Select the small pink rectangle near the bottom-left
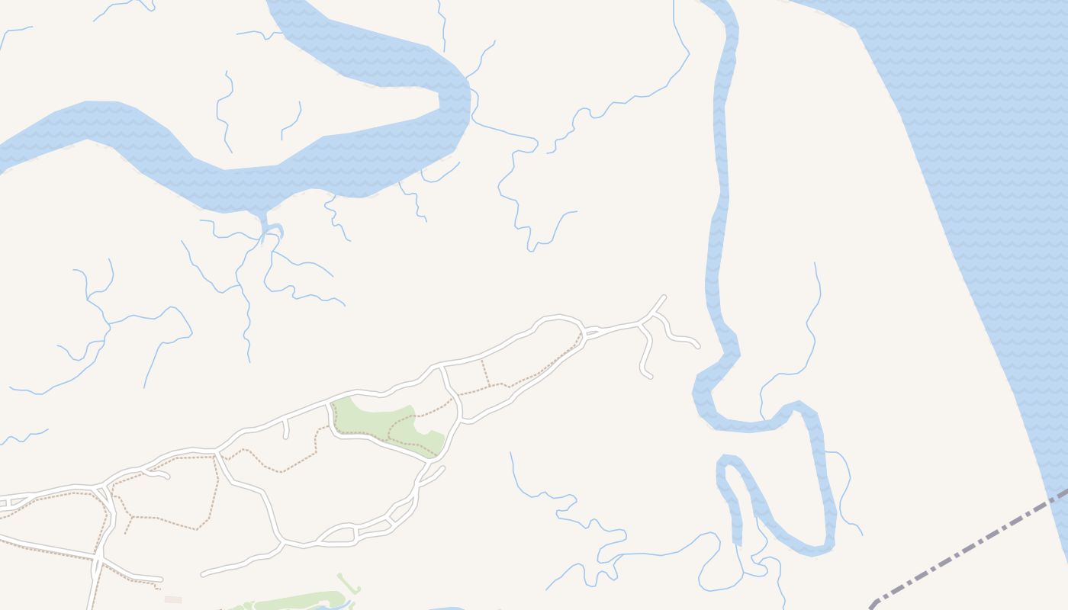coord(173,599)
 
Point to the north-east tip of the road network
coord(664,297)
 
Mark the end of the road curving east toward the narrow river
coord(697,346)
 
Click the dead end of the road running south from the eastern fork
coord(649,375)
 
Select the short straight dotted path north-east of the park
coord(486,374)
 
